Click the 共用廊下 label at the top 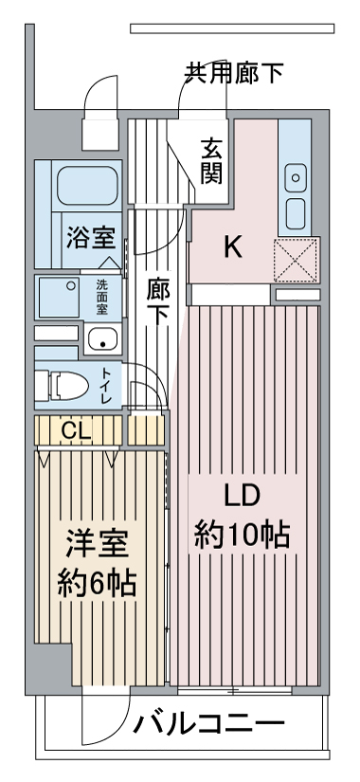pyautogui.click(x=234, y=73)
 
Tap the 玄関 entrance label pyautogui.click(x=212, y=161)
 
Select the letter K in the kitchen pyautogui.click(x=232, y=246)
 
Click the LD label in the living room pyautogui.click(x=242, y=497)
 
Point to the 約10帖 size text pyautogui.click(x=242, y=536)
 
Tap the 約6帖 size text pyautogui.click(x=97, y=583)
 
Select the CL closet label pyautogui.click(x=77, y=431)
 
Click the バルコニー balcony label pyautogui.click(x=208, y=724)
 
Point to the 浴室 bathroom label pyautogui.click(x=92, y=238)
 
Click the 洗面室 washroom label pyautogui.click(x=102, y=297)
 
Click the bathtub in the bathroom pyautogui.click(x=87, y=185)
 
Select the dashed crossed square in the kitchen pyautogui.click(x=297, y=260)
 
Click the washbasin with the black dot pyautogui.click(x=102, y=339)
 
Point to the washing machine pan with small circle pyautogui.click(x=58, y=297)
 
